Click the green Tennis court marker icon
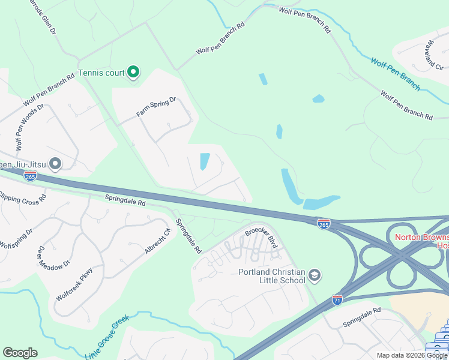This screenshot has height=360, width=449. click(133, 73)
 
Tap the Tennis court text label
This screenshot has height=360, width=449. click(101, 73)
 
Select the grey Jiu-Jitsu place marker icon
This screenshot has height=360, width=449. click(56, 163)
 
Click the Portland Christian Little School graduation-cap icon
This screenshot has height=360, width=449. click(315, 276)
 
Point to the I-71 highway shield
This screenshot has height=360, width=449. click(337, 299)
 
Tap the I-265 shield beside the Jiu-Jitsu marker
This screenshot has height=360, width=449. click(31, 176)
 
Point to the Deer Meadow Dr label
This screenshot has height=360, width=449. click(54, 258)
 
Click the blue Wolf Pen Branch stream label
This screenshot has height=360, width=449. click(395, 73)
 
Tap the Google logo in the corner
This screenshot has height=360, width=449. click(20, 353)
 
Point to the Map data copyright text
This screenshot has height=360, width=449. click(412, 355)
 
